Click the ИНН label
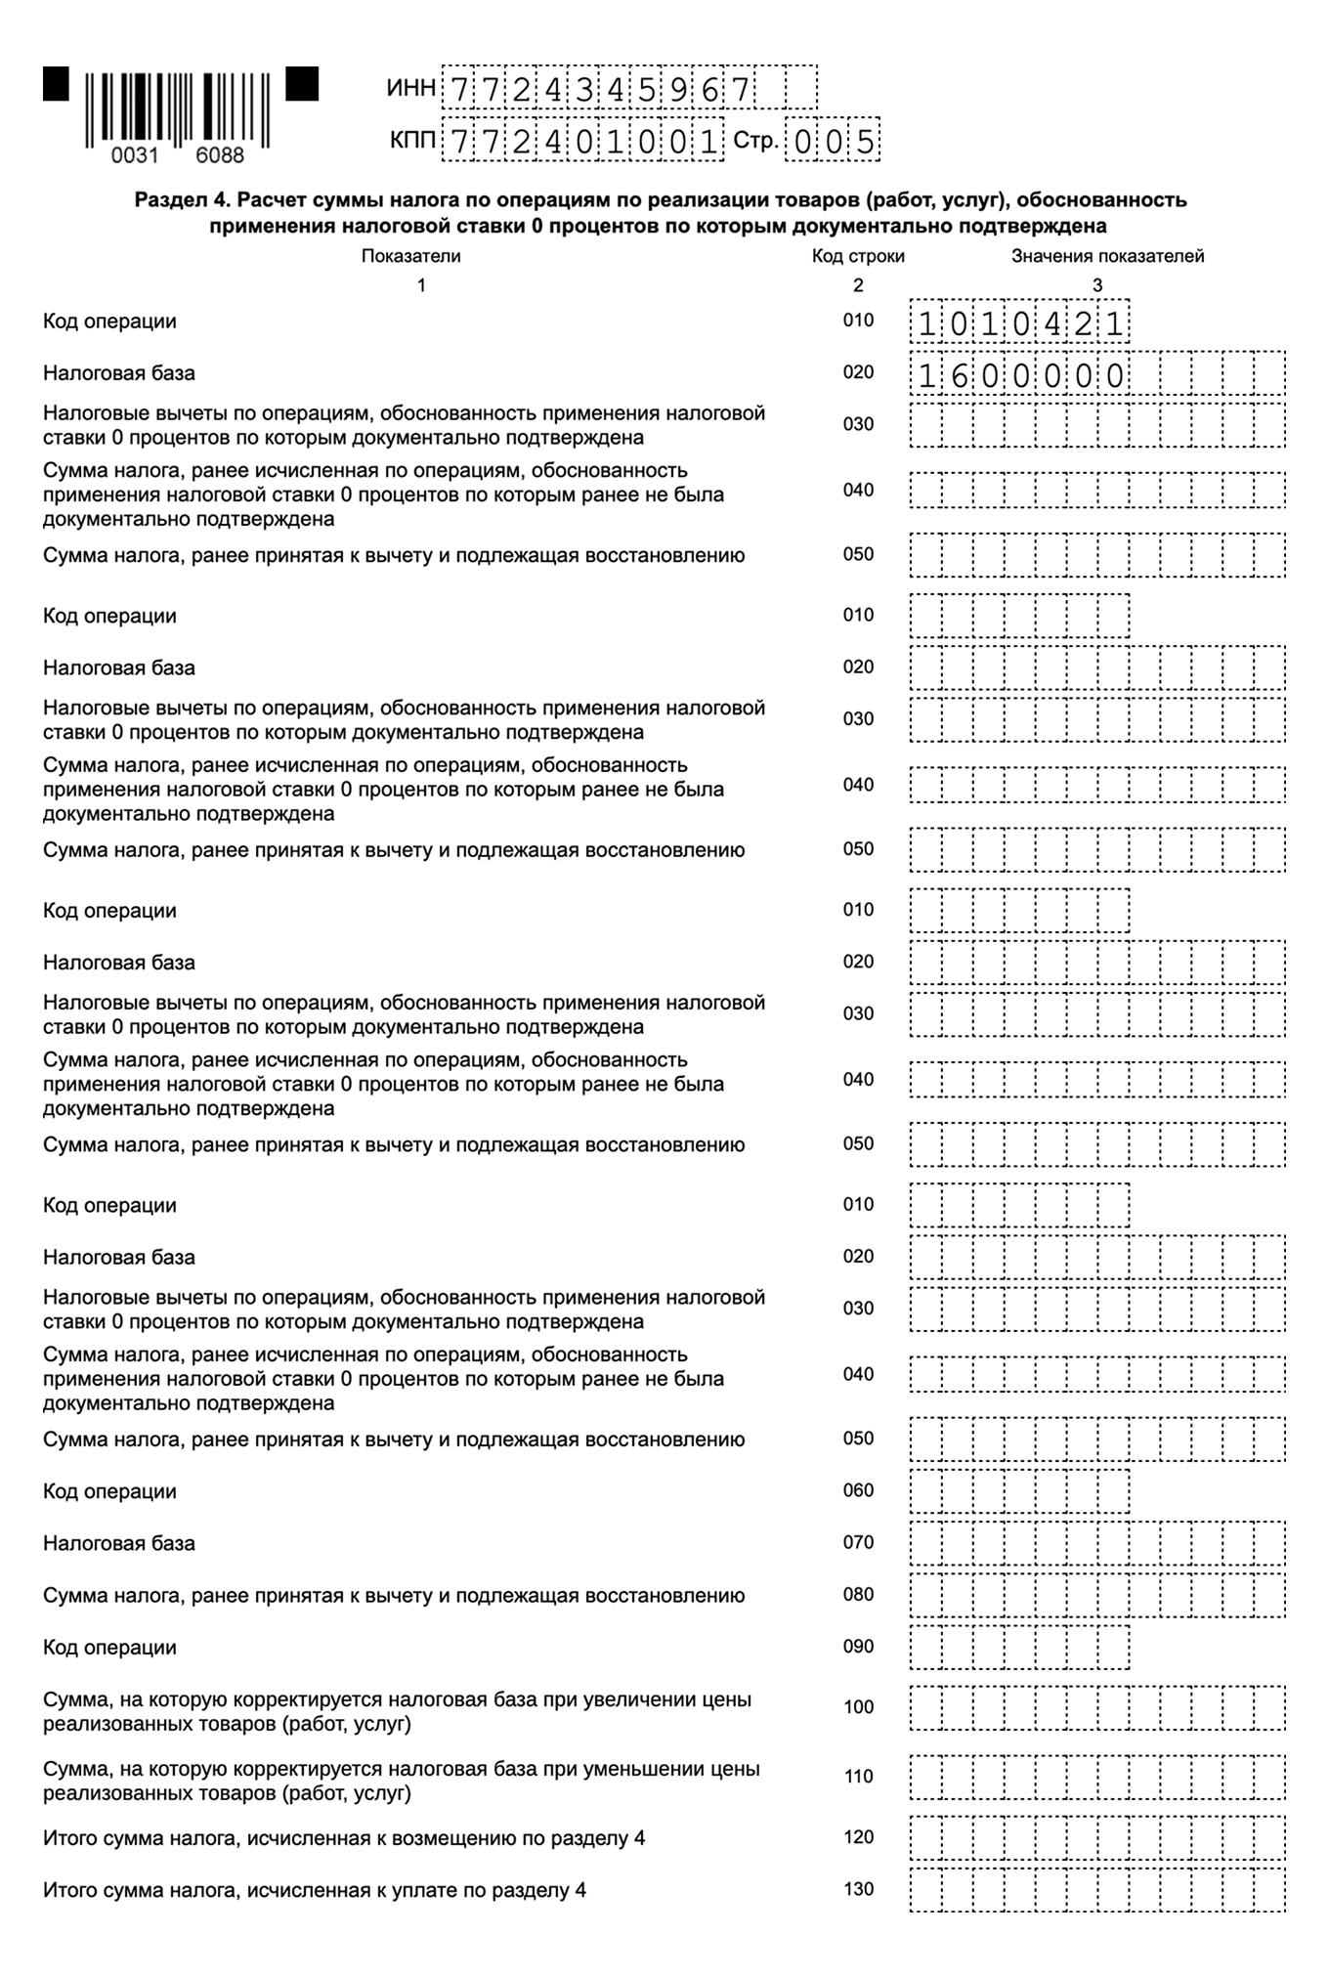tap(410, 89)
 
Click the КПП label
tap(411, 142)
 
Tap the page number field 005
tap(834, 143)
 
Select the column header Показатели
tap(410, 256)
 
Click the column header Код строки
tap(858, 256)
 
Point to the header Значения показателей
tap(1107, 256)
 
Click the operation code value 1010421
tap(1019, 322)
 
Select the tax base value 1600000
tap(1019, 374)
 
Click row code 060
tap(858, 1490)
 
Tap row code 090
tap(858, 1647)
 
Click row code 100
tap(858, 1707)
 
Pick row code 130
tap(858, 1889)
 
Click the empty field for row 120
tap(1096, 1838)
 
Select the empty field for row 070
tap(1096, 1543)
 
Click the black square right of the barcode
tap(302, 83)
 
